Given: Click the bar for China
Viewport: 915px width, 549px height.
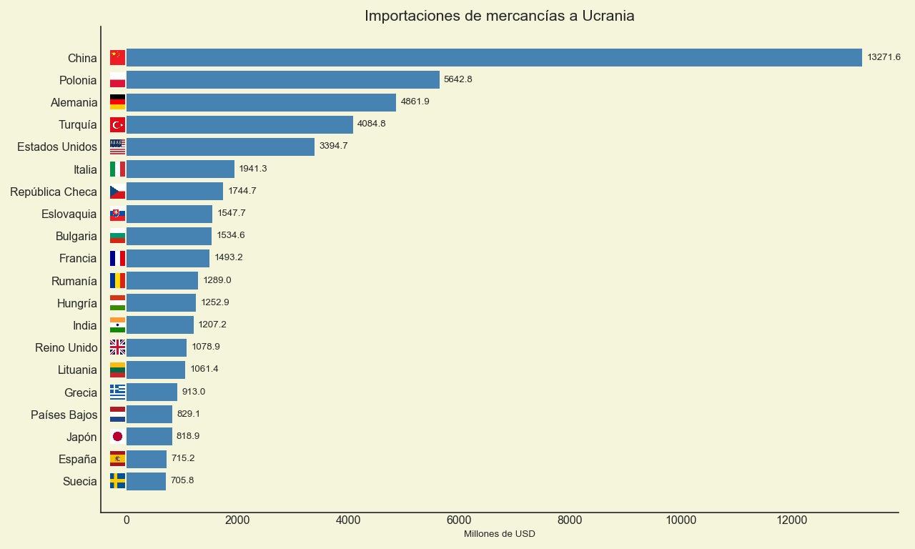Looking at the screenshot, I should point(493,58).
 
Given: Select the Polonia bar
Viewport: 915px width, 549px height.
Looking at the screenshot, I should point(282,80).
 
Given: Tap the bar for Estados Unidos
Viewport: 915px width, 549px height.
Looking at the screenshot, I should point(220,147).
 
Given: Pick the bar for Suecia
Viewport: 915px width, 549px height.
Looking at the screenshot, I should point(146,481).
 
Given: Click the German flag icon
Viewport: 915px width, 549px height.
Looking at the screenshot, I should point(117,102).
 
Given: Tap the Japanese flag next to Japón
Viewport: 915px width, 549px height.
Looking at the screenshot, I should point(117,437).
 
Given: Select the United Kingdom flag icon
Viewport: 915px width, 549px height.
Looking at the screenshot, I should point(117,347).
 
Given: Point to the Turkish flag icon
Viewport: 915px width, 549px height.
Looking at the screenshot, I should point(117,125).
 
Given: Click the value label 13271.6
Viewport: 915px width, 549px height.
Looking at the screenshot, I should point(884,57).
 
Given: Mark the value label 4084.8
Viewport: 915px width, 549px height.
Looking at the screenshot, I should point(371,124).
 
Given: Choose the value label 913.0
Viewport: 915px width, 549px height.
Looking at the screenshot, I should point(193,392).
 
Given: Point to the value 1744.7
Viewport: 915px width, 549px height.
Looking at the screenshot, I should point(242,191).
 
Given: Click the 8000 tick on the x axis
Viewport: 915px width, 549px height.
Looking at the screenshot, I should point(570,520).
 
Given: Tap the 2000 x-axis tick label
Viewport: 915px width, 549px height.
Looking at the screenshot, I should point(237,520).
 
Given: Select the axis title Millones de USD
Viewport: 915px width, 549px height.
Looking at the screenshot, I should point(499,534).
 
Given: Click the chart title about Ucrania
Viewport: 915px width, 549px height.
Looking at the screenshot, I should point(499,16).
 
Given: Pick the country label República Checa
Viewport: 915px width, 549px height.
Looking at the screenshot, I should point(54,192).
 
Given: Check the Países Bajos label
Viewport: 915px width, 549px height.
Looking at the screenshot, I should point(64,415).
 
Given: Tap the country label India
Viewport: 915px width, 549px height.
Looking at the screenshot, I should point(84,325).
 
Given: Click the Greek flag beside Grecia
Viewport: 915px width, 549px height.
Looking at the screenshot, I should point(117,392).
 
